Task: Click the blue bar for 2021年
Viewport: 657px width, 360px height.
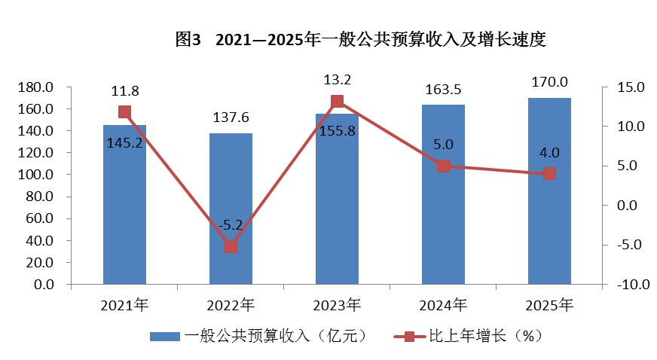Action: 124,218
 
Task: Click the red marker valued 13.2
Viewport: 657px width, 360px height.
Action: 337,102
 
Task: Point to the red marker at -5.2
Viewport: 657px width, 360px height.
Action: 231,246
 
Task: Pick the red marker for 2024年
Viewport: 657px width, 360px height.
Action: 443,166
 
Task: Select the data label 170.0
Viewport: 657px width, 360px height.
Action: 549,82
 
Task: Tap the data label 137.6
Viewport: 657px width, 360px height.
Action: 231,117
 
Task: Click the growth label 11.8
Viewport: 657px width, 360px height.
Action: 125,91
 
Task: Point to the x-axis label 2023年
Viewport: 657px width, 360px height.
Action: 337,305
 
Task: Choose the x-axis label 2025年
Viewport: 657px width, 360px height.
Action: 549,305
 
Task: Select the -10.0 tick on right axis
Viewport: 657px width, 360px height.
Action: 630,285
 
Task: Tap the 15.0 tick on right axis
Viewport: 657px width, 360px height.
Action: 628,87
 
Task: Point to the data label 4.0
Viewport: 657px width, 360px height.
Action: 549,153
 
